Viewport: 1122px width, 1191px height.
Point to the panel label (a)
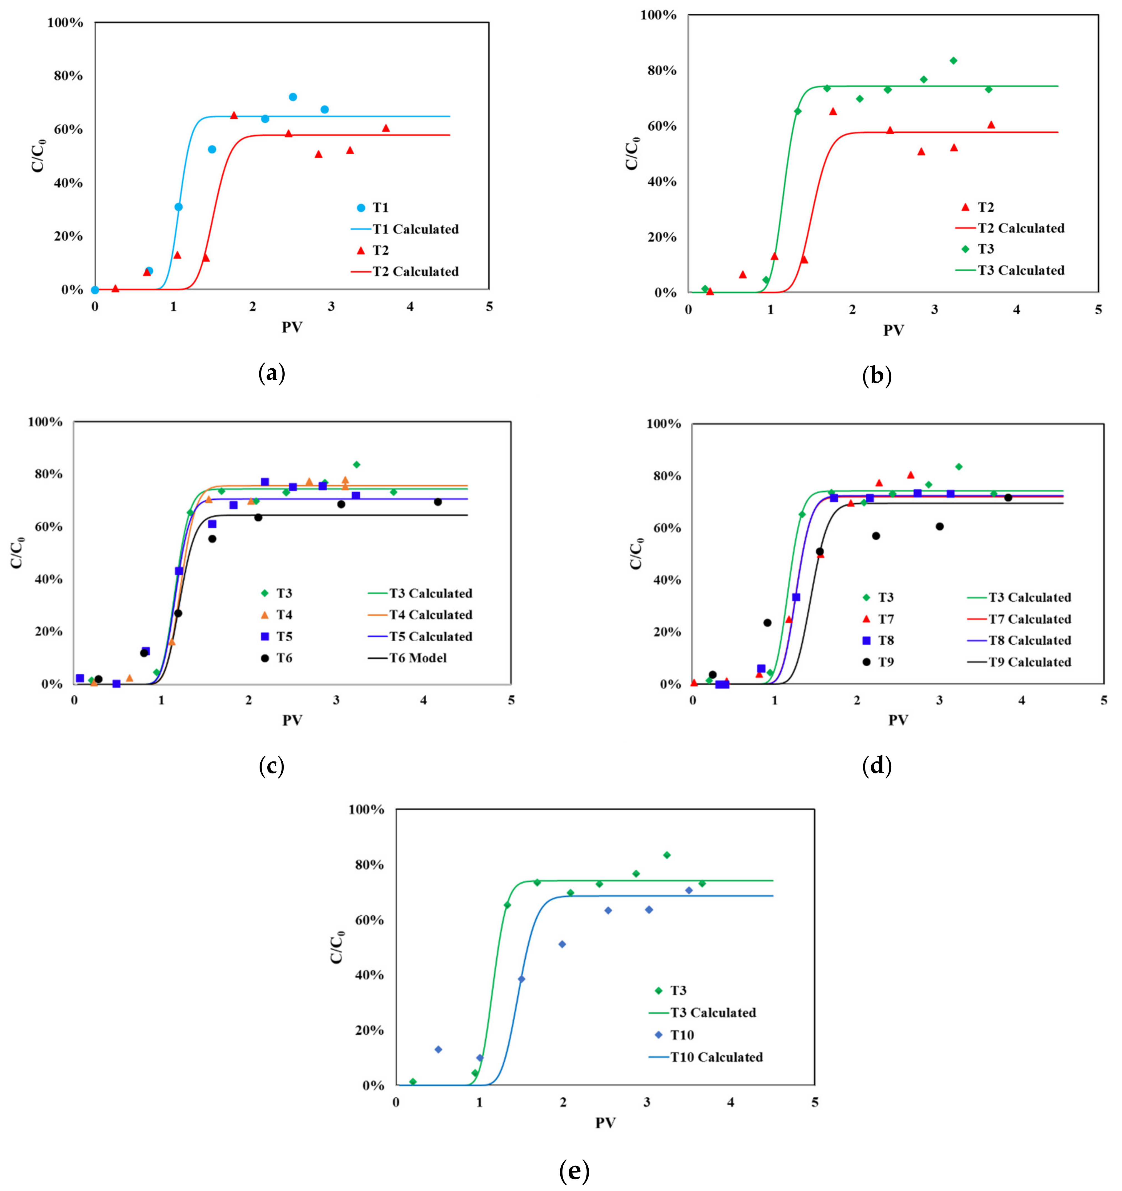click(x=271, y=374)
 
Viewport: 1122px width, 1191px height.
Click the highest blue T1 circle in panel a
click(x=293, y=97)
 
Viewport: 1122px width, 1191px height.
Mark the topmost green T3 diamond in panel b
click(x=953, y=61)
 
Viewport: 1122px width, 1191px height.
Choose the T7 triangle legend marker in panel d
click(x=866, y=619)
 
